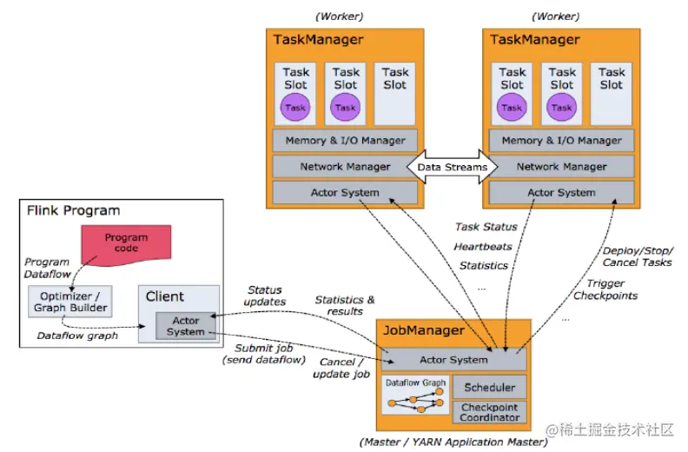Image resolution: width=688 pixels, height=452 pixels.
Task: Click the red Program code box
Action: click(x=126, y=243)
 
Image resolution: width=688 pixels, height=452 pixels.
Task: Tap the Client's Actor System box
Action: click(x=186, y=326)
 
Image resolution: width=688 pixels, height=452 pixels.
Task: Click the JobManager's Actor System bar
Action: click(x=453, y=359)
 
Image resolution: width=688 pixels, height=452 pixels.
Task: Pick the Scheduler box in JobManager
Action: click(x=490, y=387)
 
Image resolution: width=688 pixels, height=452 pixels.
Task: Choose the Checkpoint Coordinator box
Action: click(x=490, y=412)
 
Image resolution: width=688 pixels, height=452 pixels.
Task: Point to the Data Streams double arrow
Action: click(x=453, y=166)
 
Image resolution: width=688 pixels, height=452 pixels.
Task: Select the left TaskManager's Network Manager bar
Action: click(x=345, y=166)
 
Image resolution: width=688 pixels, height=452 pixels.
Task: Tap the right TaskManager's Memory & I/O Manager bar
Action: click(x=561, y=140)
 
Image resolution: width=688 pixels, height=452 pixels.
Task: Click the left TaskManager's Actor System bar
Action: click(x=345, y=192)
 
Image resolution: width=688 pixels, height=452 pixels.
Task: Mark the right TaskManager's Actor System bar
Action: click(x=561, y=192)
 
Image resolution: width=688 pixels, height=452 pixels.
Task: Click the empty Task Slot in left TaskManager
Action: click(x=395, y=91)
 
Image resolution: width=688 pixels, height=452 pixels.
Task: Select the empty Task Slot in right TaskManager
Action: click(x=612, y=91)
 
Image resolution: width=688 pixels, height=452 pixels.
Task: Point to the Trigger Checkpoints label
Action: click(x=605, y=289)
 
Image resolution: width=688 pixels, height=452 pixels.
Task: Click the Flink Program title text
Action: click(x=74, y=210)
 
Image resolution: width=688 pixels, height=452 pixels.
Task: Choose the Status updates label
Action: click(x=266, y=296)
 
